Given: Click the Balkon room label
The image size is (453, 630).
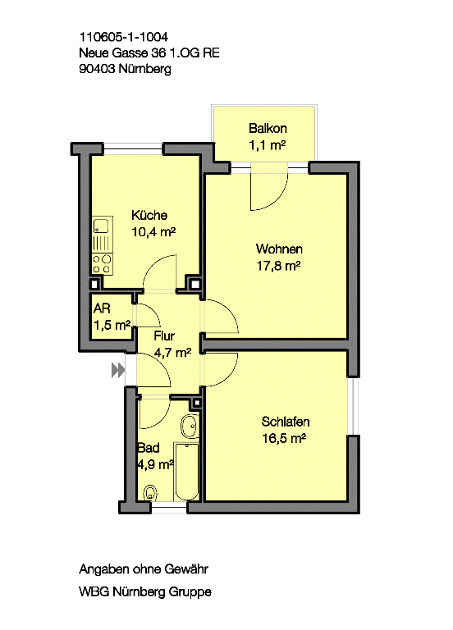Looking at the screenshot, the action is pyautogui.click(x=268, y=129).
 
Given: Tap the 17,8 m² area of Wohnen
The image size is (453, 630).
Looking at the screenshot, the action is pyautogui.click(x=278, y=266).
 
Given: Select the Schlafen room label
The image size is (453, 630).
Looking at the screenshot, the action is pyautogui.click(x=286, y=422).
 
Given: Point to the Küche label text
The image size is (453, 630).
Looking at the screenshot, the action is pyautogui.click(x=149, y=215).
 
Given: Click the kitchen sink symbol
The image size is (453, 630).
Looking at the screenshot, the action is pyautogui.click(x=103, y=226).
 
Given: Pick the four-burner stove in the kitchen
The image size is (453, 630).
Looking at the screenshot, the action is pyautogui.click(x=103, y=264).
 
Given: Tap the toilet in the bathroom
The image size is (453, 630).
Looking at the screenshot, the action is pyautogui.click(x=150, y=492).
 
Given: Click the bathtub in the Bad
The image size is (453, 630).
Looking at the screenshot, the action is pyautogui.click(x=187, y=472).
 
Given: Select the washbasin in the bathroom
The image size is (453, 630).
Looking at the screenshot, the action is pyautogui.click(x=190, y=427).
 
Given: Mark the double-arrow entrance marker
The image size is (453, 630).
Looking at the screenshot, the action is pyautogui.click(x=118, y=370).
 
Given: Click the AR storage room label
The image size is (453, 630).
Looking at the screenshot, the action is pyautogui.click(x=102, y=308).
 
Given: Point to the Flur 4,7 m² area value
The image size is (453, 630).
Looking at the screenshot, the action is pyautogui.click(x=172, y=353).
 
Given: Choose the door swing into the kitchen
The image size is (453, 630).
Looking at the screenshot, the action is pyautogui.click(x=154, y=267).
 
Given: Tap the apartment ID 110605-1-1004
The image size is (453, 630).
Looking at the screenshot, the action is pyautogui.click(x=124, y=37).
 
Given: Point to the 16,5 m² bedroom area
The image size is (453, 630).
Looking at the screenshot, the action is pyautogui.click(x=284, y=438).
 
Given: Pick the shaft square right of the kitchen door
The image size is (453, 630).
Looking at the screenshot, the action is pyautogui.click(x=195, y=284).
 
